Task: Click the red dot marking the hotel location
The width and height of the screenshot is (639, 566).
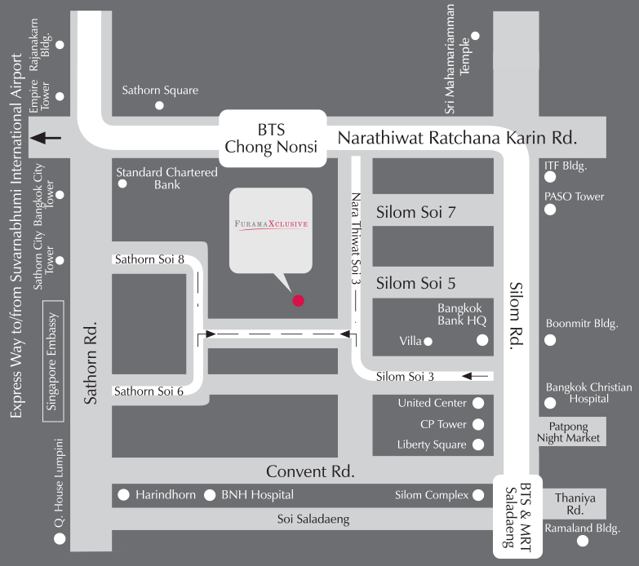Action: point(299,300)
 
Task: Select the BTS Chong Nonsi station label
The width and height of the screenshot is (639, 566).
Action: point(272,139)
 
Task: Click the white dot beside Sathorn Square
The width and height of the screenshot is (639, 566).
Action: point(160,105)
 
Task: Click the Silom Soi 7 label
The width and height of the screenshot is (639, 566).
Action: point(415,213)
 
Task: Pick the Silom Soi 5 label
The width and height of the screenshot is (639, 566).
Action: point(415,284)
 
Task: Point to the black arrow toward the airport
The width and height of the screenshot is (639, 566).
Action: point(45,138)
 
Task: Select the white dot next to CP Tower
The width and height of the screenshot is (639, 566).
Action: point(478,424)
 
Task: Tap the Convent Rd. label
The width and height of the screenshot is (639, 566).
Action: point(310,471)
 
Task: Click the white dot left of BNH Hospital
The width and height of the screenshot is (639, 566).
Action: point(210,494)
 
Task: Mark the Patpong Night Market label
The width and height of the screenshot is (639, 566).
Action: point(569,431)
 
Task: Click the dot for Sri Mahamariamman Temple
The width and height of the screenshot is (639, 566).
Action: point(476,36)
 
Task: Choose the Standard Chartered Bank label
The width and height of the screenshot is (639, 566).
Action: point(166,179)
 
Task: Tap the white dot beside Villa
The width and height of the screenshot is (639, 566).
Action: point(428,341)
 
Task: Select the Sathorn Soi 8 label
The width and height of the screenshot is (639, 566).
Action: point(149,259)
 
